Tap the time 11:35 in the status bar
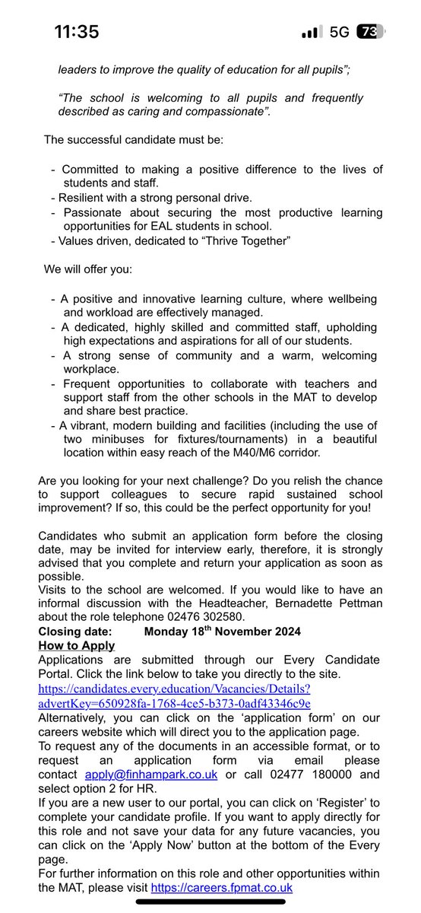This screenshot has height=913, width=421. (78, 31)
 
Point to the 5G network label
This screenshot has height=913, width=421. (340, 32)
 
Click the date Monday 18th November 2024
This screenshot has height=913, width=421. (222, 631)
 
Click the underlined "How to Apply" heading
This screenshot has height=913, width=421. (77, 646)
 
